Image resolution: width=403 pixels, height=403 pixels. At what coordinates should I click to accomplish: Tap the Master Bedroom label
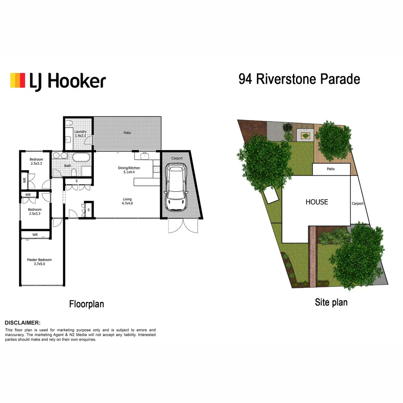point(39,262)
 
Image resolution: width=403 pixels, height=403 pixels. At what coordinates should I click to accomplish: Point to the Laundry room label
point(80,134)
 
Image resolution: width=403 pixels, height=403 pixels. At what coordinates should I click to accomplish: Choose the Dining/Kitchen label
point(126,170)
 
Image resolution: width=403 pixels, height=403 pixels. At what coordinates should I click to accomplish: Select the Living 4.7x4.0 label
point(126,201)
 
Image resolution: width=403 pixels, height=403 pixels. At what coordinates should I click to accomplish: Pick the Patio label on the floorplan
point(127,133)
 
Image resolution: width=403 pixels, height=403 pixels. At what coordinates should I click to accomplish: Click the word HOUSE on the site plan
point(317,202)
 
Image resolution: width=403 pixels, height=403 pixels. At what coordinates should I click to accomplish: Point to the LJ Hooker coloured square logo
point(18,81)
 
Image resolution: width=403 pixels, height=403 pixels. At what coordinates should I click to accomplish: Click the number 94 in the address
point(246,79)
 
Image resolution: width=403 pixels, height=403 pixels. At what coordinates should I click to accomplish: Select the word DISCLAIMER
point(22,323)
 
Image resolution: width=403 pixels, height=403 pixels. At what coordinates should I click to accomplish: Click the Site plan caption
point(331,302)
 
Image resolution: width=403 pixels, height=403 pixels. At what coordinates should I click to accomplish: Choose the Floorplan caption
point(87,304)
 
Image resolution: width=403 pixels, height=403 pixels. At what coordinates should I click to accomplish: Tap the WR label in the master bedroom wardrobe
point(35,235)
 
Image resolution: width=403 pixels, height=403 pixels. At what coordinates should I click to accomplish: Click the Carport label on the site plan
point(357,204)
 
